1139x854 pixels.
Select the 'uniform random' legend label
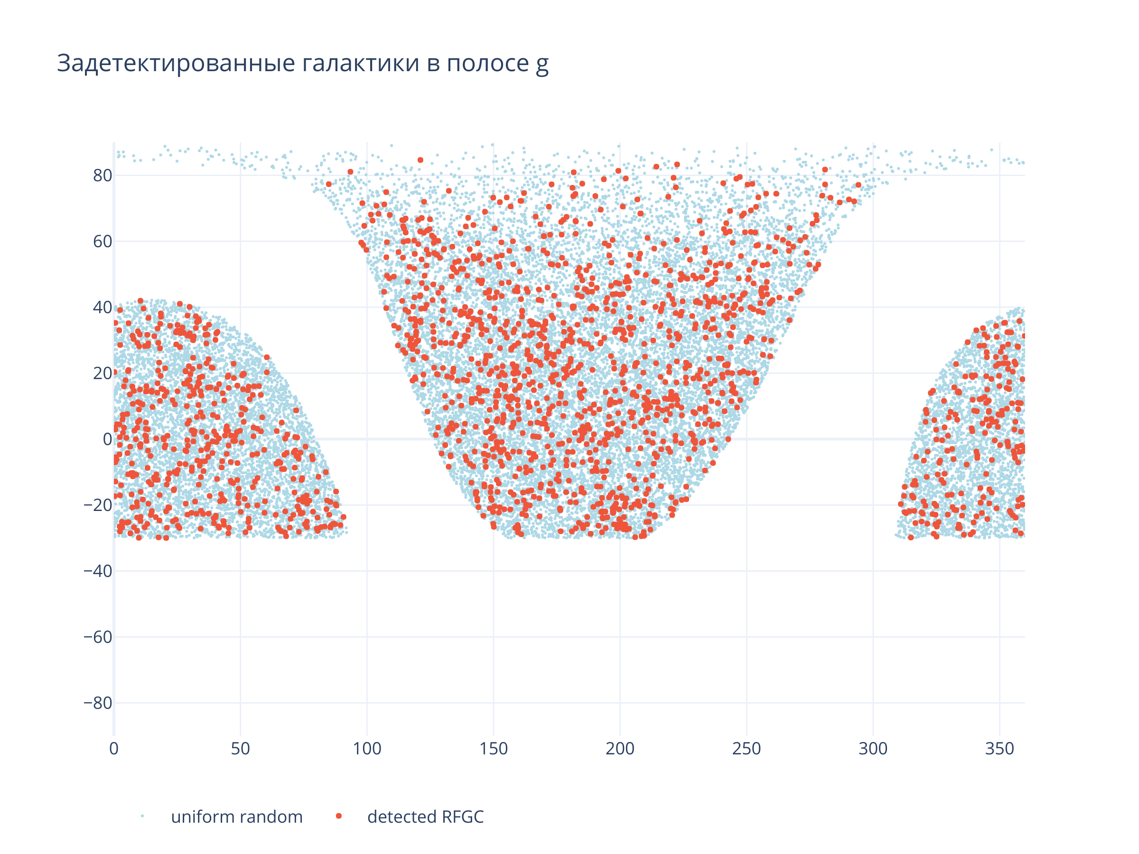[x=237, y=817]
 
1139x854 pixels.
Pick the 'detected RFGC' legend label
[x=425, y=817]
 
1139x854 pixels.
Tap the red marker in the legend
[x=339, y=816]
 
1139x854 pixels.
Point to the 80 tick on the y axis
[x=103, y=176]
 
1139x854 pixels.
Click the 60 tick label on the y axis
[x=103, y=241]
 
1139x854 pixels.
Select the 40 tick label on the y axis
[x=103, y=307]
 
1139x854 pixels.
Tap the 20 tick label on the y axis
[x=103, y=373]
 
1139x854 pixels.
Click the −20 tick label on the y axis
[x=98, y=505]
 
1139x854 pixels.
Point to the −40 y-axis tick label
[x=98, y=571]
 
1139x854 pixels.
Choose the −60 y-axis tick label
[x=98, y=637]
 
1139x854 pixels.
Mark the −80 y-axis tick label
[x=98, y=703]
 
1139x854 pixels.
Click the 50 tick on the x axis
[x=241, y=749]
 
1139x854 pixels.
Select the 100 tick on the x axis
[x=367, y=749]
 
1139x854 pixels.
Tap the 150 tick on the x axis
[x=493, y=749]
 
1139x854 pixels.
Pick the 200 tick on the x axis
[x=620, y=749]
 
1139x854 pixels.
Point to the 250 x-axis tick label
[x=747, y=749]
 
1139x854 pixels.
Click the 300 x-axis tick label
[x=873, y=749]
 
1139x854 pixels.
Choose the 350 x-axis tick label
[x=999, y=749]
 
